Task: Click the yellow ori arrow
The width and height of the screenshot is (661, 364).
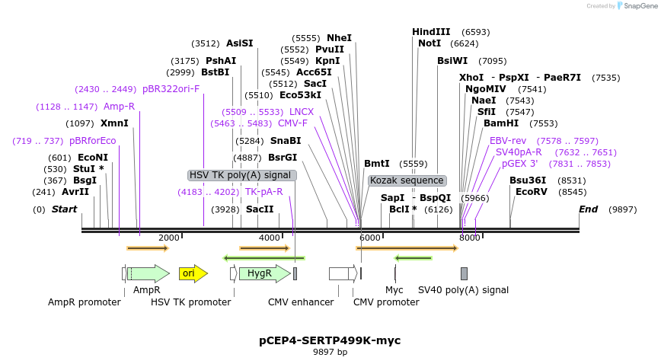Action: (193, 273)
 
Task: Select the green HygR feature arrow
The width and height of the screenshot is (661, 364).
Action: (263, 273)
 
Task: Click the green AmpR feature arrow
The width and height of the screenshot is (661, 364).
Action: (148, 273)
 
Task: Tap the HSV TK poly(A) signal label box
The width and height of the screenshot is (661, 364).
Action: (241, 175)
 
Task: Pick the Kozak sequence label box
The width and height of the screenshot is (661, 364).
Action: (407, 180)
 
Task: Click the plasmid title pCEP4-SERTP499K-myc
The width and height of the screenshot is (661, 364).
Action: (330, 340)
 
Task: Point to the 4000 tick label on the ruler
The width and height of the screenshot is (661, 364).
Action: (270, 238)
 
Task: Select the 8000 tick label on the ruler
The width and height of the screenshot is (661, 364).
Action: (469, 238)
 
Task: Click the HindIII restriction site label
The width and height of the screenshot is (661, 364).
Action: (431, 32)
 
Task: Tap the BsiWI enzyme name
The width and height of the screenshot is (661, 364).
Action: (452, 61)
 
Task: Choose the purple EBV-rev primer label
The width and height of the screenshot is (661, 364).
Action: (508, 141)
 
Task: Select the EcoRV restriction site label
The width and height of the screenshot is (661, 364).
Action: (531, 192)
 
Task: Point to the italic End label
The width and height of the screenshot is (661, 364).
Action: (588, 209)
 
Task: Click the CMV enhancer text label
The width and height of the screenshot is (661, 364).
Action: (301, 302)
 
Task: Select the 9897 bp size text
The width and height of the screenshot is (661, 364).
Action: (330, 353)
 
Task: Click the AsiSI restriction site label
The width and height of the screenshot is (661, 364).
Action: (239, 43)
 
